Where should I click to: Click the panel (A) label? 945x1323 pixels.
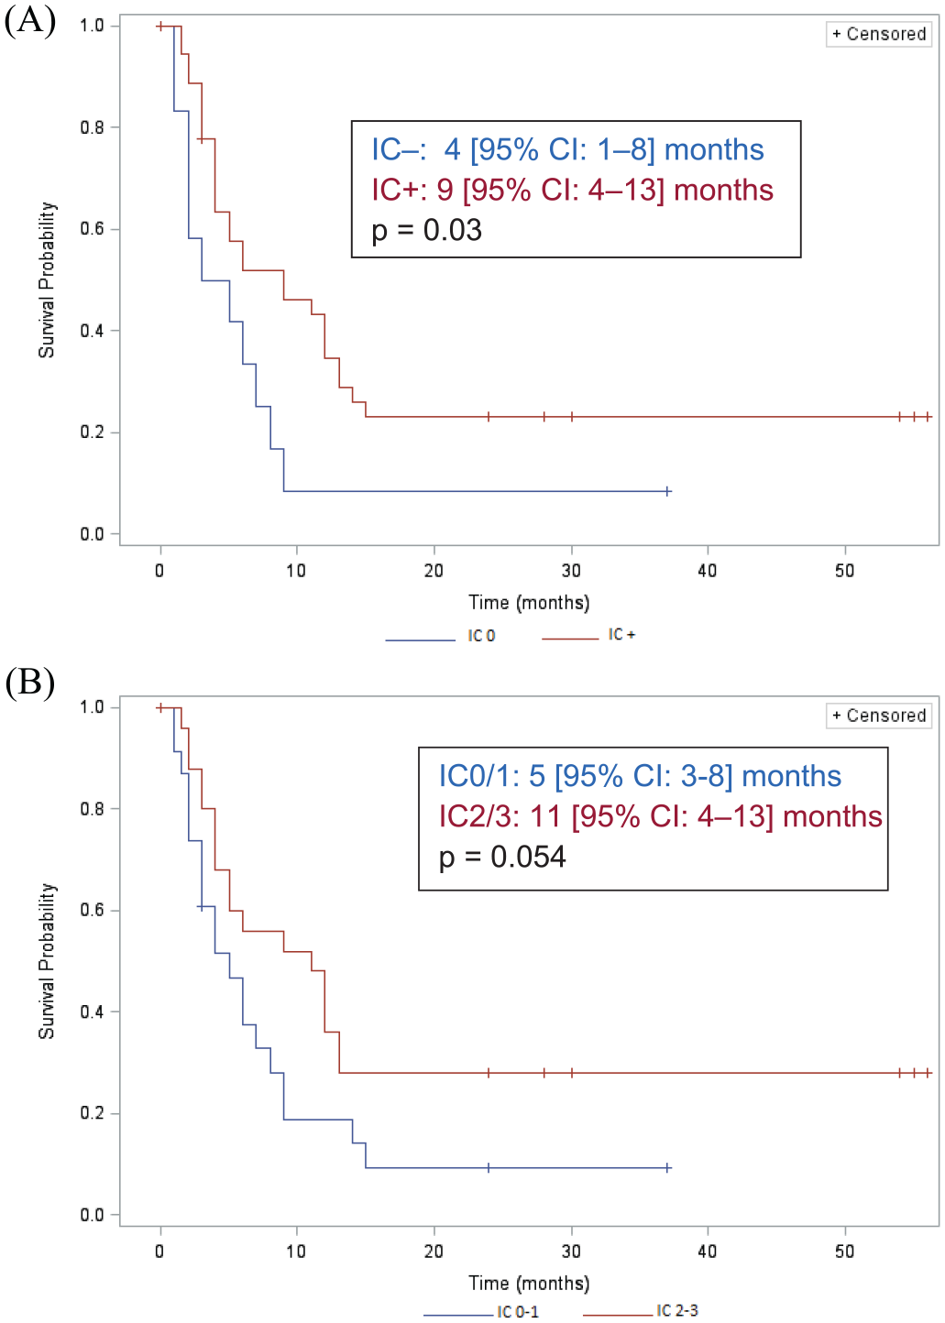tap(30, 21)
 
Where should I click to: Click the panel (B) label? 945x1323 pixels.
tap(30, 683)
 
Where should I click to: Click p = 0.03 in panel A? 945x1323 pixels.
tap(427, 230)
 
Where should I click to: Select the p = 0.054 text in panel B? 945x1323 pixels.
tap(502, 857)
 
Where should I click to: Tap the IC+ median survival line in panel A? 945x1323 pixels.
tap(572, 191)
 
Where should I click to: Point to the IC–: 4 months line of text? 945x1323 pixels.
tap(567, 149)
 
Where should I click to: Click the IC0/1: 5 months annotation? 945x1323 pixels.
tap(640, 776)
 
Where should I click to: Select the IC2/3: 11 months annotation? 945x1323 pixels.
tap(660, 817)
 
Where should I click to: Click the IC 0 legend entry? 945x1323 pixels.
tap(440, 636)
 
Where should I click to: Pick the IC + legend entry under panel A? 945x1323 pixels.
tap(588, 635)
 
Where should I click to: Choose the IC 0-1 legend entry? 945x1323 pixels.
tap(481, 1312)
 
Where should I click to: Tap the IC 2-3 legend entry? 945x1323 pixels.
tap(641, 1310)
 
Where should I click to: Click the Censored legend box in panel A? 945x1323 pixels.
tap(879, 34)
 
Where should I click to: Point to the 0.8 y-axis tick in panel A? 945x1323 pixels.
tap(92, 127)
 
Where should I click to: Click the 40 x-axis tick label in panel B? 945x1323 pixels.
tap(708, 1251)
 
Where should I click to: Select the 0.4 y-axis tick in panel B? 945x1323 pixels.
tap(92, 1011)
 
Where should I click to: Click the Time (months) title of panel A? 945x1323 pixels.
tap(529, 603)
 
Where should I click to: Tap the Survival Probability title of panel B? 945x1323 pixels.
tap(47, 961)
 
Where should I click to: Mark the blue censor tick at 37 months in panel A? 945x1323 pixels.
tap(667, 491)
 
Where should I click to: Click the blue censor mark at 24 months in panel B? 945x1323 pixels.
tap(489, 1167)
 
